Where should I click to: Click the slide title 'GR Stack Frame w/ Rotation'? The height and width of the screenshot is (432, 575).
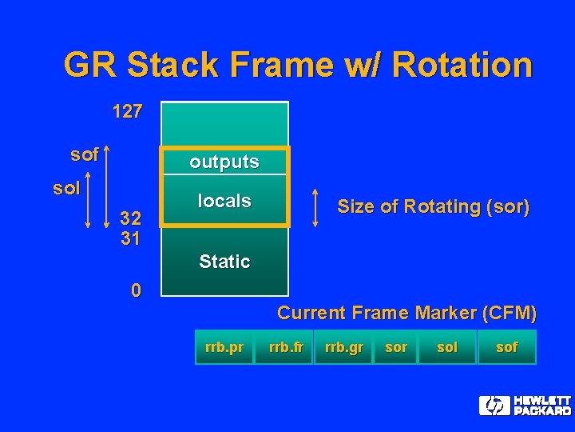point(297,65)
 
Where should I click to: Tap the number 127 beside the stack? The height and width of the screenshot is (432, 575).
point(127,111)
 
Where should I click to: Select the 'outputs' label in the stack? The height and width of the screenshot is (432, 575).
point(224,162)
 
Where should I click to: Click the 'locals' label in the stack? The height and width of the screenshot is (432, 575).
point(224,201)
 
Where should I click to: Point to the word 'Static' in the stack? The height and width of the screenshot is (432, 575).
point(224,262)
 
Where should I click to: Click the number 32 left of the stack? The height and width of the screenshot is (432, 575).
point(129,218)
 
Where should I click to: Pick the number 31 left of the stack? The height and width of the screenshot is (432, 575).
point(129,238)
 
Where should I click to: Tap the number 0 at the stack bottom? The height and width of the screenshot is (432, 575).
point(136,290)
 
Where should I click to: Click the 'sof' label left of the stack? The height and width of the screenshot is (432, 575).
point(84,154)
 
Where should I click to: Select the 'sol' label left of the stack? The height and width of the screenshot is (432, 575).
point(66,189)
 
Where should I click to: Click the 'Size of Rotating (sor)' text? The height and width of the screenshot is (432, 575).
point(433,206)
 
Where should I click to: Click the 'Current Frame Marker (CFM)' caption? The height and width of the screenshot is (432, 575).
point(406,313)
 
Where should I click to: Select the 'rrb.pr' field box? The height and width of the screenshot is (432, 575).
point(224,347)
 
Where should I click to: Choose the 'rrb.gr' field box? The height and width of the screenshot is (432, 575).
point(343,347)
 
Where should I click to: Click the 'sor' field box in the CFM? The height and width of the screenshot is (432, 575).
point(395,347)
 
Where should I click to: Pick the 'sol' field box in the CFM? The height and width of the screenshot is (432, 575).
point(447,347)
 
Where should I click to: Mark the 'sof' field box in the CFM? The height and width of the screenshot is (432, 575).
point(506,347)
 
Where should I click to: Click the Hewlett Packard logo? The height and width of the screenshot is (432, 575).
point(525,406)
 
